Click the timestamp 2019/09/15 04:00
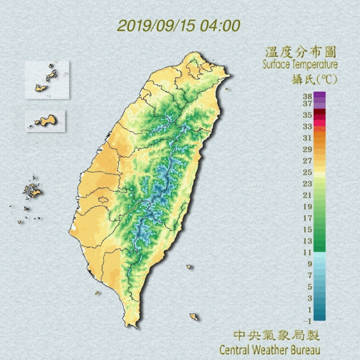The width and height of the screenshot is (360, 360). [179, 26]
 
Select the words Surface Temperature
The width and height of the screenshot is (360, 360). [299, 65]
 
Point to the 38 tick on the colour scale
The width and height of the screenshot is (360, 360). [308, 96]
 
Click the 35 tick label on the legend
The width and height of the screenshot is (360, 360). [308, 115]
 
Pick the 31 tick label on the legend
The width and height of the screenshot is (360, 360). [308, 138]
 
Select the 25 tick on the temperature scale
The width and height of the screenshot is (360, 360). [308, 172]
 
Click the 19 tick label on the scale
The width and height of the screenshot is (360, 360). [308, 206]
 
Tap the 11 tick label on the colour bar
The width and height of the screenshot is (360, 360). [308, 252]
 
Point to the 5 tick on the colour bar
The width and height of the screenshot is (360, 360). [309, 287]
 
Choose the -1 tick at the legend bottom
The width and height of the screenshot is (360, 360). [308, 321]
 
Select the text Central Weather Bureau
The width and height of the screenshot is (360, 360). [269, 350]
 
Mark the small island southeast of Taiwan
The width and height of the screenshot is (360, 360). [193, 317]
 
